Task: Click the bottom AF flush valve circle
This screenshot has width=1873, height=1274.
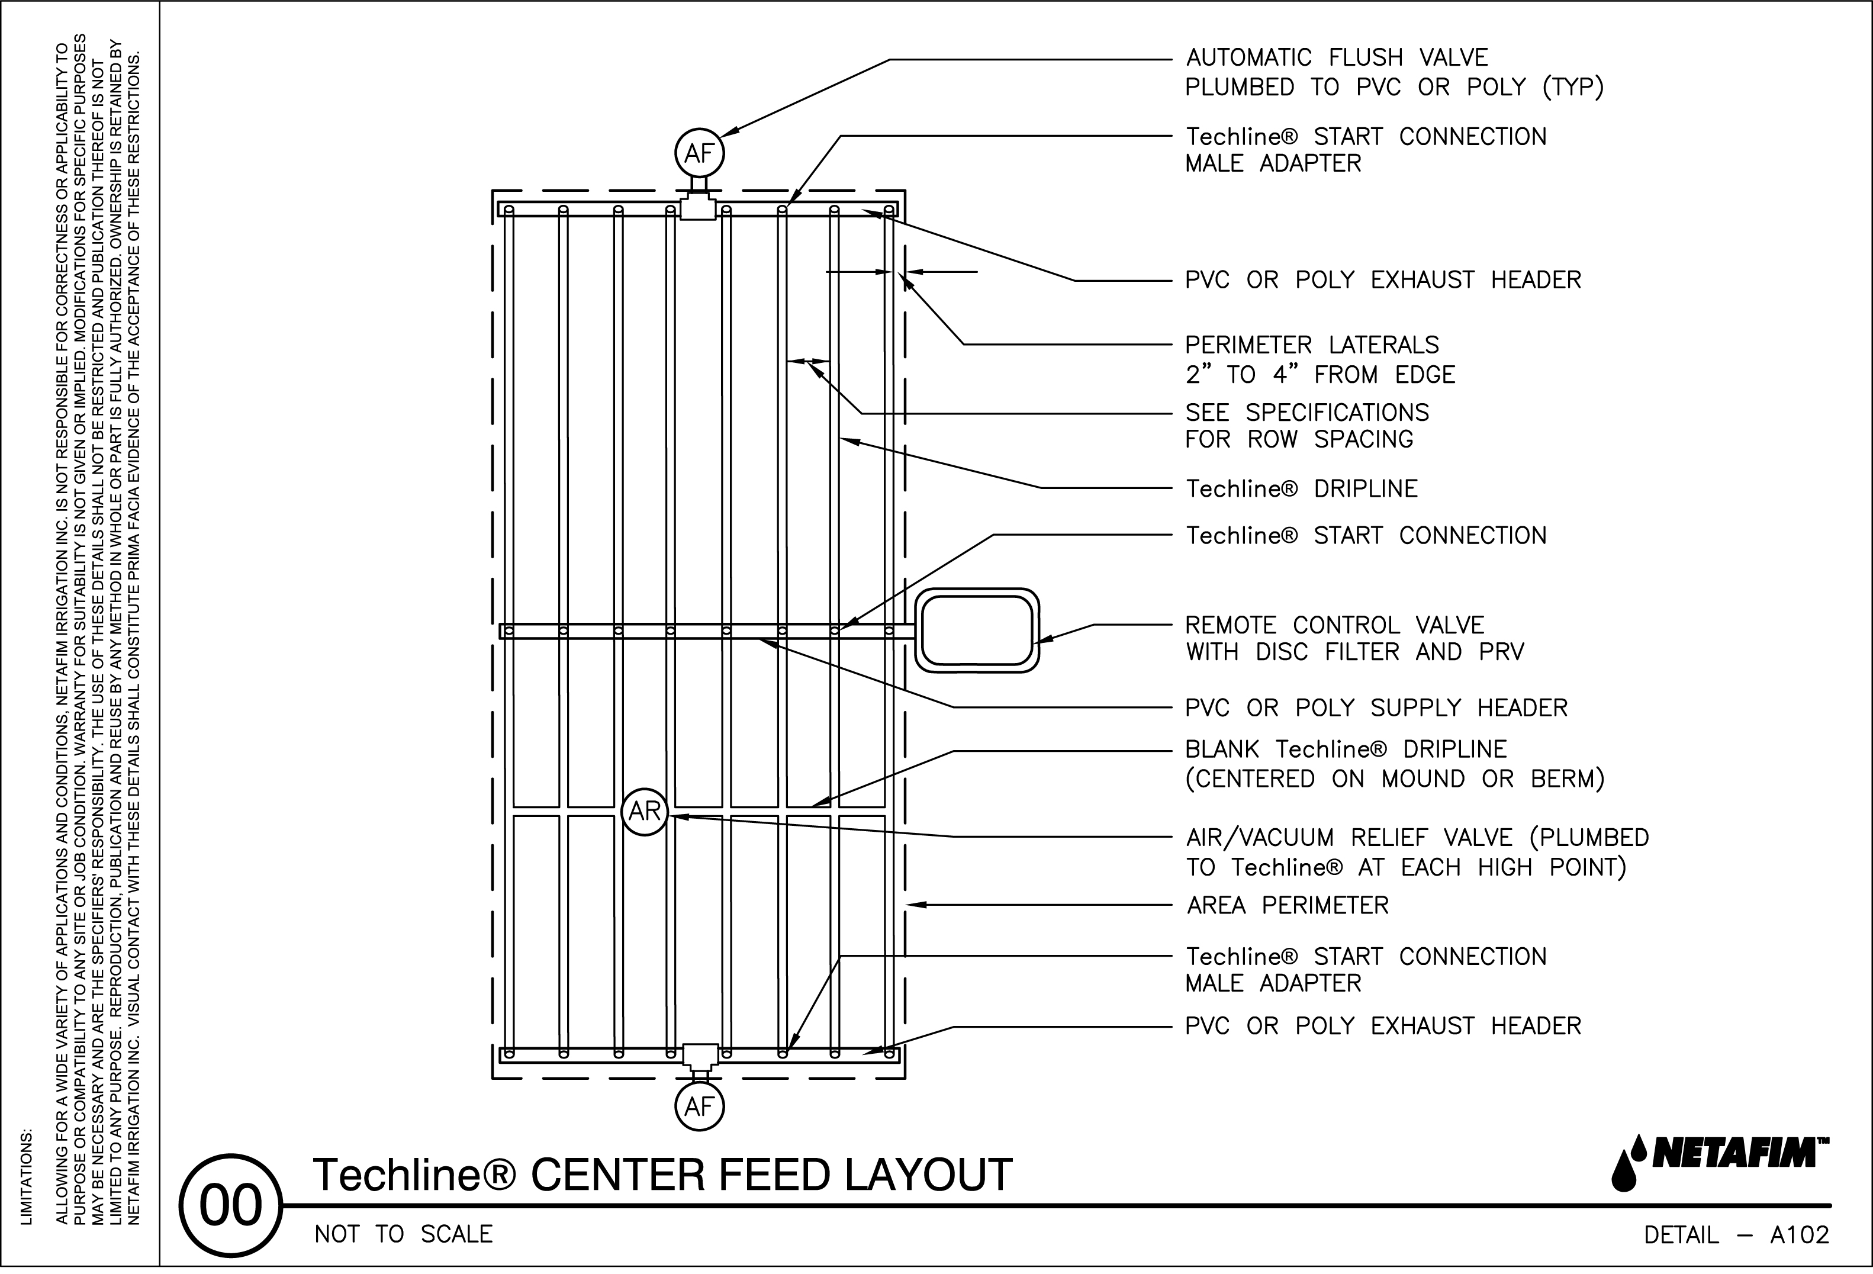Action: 699,1107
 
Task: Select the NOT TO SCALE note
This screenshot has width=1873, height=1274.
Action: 403,1234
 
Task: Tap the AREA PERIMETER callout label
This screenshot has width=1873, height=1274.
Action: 1287,906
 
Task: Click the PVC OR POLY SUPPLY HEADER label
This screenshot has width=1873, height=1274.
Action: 1376,708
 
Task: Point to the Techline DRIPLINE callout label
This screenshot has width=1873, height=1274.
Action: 1301,489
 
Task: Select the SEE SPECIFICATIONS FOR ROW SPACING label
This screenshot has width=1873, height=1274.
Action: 1306,426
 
